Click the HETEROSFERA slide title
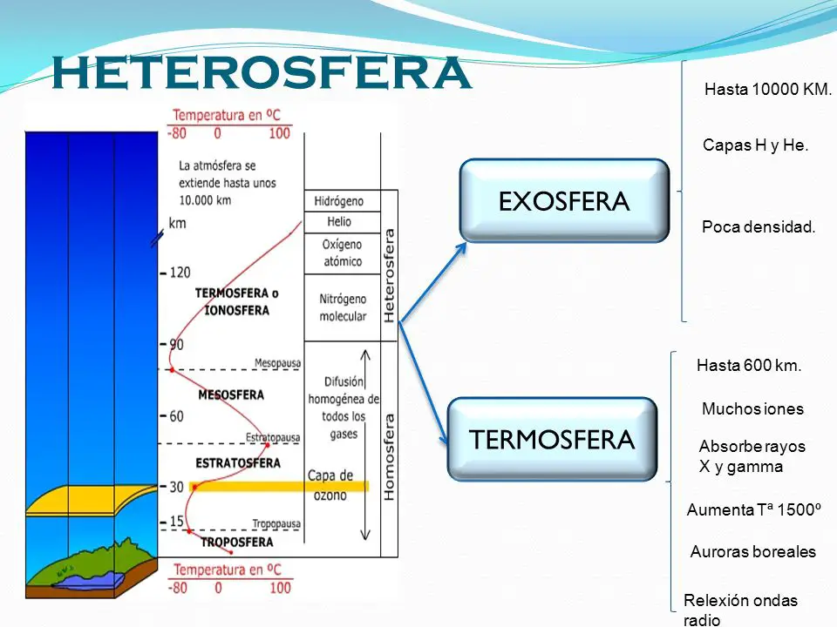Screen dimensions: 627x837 pos(262,73)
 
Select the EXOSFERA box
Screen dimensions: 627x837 pos(563,201)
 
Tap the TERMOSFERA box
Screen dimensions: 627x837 pos(551,440)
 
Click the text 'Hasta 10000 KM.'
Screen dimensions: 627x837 pos(768,90)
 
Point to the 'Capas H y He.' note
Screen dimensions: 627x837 pos(755,145)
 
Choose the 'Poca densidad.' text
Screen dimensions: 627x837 pos(758,227)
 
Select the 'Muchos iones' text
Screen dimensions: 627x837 pos(752,409)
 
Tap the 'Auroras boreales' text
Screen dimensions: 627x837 pos(752,552)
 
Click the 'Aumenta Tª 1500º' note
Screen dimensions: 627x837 pos(754,510)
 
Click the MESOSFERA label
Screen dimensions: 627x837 pos(230,394)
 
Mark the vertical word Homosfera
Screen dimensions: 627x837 pos(389,455)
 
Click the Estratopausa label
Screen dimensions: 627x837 pos(273,435)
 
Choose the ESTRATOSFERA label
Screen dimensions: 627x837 pos(238,462)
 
